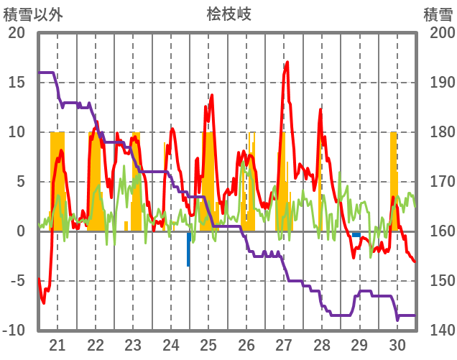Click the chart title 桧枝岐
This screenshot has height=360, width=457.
coord(228,14)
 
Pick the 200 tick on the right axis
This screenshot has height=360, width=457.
coord(438,33)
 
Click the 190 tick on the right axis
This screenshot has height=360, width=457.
coord(438,83)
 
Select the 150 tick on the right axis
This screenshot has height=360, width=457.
coord(438,281)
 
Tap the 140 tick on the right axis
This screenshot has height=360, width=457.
coord(438,331)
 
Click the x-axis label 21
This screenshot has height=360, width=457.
coord(57,344)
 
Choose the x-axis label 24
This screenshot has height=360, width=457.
coord(171,344)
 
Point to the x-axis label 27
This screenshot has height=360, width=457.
coord(284,344)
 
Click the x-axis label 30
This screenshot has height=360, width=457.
coord(397,344)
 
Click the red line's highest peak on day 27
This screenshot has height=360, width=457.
coord(287,63)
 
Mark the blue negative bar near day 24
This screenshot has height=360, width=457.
coord(188,249)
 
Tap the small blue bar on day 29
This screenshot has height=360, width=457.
coord(356,234)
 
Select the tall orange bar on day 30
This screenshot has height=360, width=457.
coord(393,180)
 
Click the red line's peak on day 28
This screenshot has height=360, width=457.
coord(320,110)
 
